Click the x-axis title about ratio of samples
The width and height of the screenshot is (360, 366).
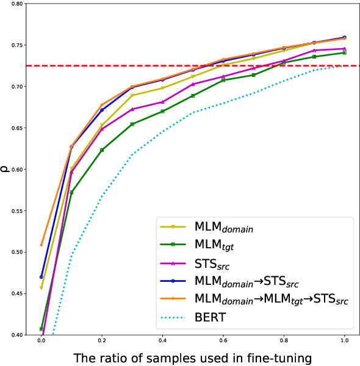(x=193, y=358)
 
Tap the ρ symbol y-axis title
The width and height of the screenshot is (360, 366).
(x=5, y=170)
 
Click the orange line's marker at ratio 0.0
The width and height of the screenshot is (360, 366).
(x=41, y=245)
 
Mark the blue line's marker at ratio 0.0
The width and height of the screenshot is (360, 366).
(x=41, y=277)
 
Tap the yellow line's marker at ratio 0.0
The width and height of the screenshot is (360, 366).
(x=41, y=288)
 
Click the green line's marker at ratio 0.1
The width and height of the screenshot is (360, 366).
(x=71, y=193)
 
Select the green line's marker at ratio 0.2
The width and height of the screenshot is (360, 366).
(x=102, y=150)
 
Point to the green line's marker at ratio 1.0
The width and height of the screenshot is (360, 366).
(x=345, y=53)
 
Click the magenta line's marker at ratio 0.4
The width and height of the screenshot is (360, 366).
(x=162, y=102)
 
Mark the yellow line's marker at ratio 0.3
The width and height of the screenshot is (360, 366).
(x=132, y=95)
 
